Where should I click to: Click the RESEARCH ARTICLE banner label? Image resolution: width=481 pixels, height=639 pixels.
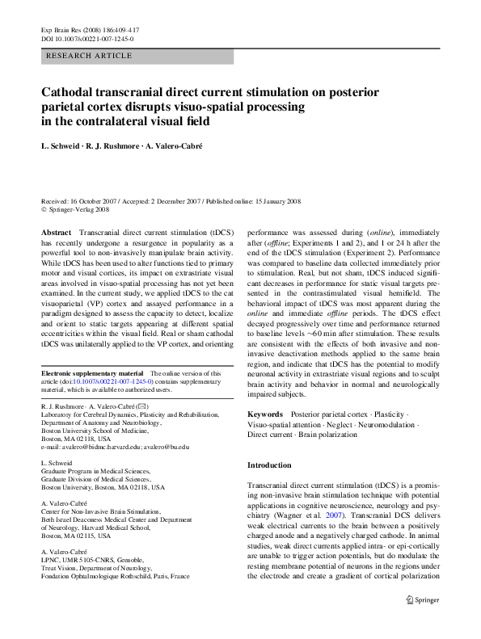[90, 55]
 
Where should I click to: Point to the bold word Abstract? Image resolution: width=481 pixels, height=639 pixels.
[56, 232]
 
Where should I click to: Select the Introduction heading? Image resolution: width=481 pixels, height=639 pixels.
[269, 465]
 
